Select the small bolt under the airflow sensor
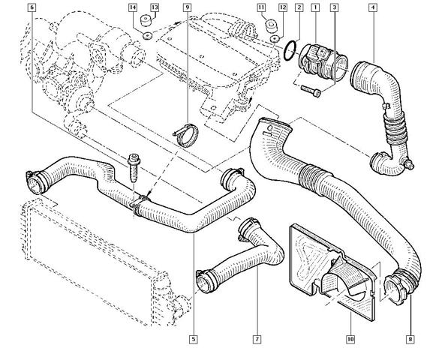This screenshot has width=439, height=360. click(x=311, y=91)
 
